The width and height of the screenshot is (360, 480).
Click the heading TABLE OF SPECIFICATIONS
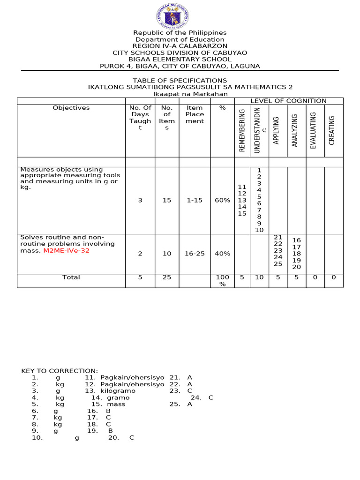tap(180, 81)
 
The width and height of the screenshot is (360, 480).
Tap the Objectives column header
tap(71, 108)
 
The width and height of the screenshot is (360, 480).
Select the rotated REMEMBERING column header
tap(242, 130)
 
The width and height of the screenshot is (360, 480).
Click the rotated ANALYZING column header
tap(295, 130)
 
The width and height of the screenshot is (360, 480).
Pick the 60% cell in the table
tap(223, 200)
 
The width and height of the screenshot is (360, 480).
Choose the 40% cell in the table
tap(223, 254)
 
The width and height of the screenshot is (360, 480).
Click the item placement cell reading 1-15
tap(195, 200)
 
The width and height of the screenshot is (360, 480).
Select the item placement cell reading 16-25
tap(195, 254)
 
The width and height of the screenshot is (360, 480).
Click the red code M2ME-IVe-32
tap(66, 251)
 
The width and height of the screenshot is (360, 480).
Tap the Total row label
tap(71, 277)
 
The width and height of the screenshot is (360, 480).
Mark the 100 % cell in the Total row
tap(223, 281)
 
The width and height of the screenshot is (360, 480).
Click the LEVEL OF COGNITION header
tap(288, 101)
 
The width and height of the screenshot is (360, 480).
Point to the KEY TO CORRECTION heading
tap(60, 371)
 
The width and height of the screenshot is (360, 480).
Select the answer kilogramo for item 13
tap(117, 390)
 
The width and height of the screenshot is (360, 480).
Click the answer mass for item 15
tap(116, 404)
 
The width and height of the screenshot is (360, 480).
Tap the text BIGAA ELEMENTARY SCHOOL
tap(180, 60)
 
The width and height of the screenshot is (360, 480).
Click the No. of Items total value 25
tap(167, 277)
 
